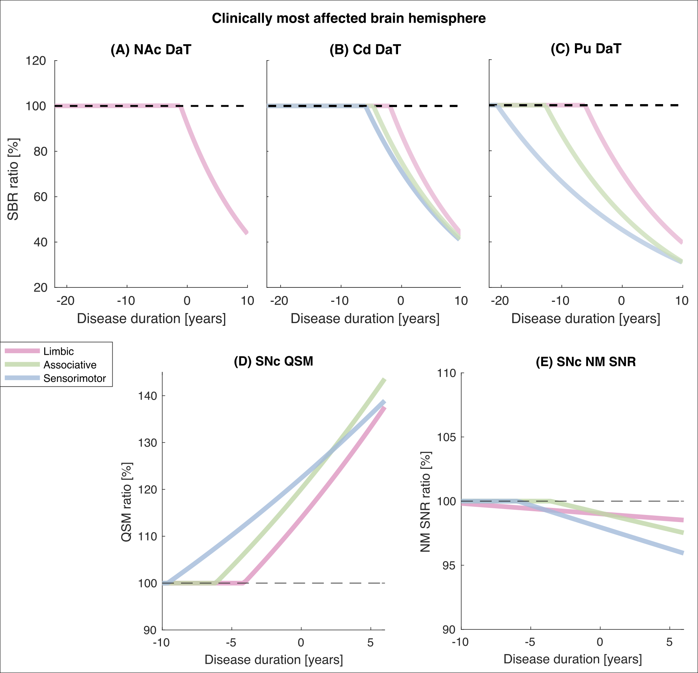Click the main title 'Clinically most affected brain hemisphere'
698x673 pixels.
pos(349,18)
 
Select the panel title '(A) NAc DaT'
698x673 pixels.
pos(151,49)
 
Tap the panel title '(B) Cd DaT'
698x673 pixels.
pos(365,49)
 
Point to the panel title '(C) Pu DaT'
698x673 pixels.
pos(586,49)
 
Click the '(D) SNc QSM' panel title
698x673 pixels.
pos(273,361)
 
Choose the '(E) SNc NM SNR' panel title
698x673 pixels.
pos(585,361)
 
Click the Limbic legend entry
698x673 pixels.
pos(58,351)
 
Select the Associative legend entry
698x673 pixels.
pos(70,365)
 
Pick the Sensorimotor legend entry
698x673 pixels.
pos(74,379)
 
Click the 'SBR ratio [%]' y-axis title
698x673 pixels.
pos(13,179)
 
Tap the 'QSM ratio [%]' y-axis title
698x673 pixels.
pos(127,502)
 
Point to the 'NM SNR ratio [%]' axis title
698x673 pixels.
pos(426,502)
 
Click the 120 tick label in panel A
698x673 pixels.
pos(36,61)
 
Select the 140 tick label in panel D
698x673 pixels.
pos(148,396)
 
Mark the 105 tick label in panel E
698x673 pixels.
pos(446,437)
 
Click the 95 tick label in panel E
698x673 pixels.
pos(449,566)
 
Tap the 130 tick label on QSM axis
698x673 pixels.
pos(148,443)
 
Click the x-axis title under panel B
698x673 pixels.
pos(365,319)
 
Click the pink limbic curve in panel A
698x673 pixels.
pos(208,167)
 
